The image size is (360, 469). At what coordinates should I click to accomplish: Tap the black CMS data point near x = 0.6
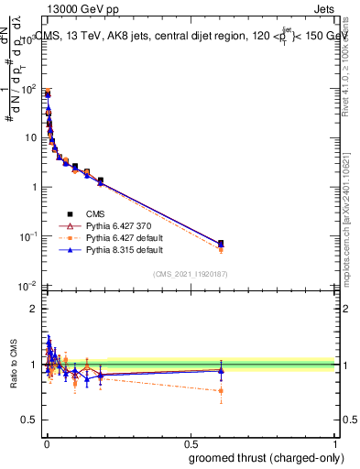(221, 244)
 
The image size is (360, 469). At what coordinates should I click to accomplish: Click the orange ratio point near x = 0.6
(221, 391)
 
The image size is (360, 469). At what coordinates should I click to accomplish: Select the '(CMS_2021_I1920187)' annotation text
(191, 273)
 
